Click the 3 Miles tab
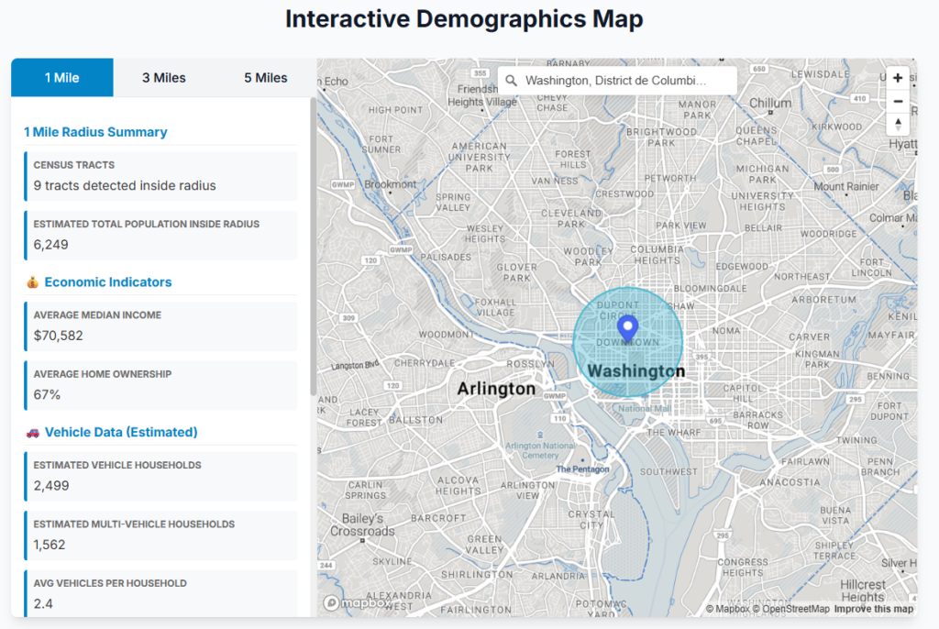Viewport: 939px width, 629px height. (x=163, y=78)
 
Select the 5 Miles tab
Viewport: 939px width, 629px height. (x=265, y=78)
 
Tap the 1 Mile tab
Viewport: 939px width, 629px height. (x=62, y=78)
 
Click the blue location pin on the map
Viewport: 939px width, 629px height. (x=627, y=328)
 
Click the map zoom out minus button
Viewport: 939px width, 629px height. (x=898, y=102)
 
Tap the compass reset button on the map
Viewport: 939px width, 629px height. (x=898, y=125)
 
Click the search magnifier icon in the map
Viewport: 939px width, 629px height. (x=512, y=81)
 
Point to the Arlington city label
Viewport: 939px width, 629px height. (x=496, y=389)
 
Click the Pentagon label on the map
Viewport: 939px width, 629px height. (x=582, y=469)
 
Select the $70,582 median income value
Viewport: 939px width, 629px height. (x=59, y=336)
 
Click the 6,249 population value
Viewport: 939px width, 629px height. (x=51, y=244)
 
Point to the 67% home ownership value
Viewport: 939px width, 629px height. (x=48, y=394)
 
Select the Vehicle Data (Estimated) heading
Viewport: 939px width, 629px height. (x=121, y=432)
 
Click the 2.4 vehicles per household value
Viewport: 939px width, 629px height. (x=44, y=603)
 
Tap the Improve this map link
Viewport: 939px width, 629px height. (x=873, y=609)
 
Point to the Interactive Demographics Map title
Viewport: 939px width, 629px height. (x=464, y=19)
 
